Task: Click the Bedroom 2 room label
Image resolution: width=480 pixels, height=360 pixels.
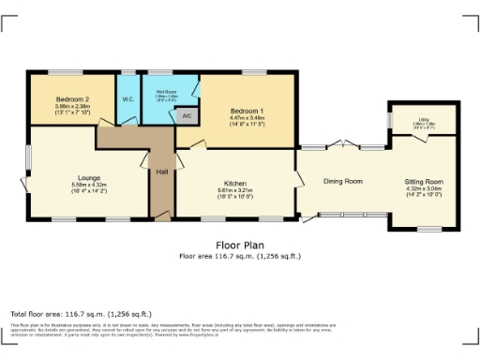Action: (x=72, y=99)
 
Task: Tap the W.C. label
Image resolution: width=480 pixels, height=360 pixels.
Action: (x=127, y=99)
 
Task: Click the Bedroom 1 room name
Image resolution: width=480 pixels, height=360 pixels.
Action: (x=247, y=112)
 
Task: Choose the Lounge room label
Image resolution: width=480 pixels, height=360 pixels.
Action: (x=89, y=176)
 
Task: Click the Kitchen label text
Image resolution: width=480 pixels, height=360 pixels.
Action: (x=234, y=183)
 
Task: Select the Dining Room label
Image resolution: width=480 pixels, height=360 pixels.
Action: (x=343, y=181)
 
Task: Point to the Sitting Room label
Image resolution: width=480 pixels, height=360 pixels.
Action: (x=424, y=181)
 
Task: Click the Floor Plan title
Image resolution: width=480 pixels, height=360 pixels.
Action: (x=240, y=245)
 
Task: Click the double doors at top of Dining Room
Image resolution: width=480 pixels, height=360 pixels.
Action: (x=342, y=145)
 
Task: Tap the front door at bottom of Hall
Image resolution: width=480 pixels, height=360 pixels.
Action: (x=162, y=217)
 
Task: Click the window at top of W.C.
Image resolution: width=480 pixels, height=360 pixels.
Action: (x=127, y=73)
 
